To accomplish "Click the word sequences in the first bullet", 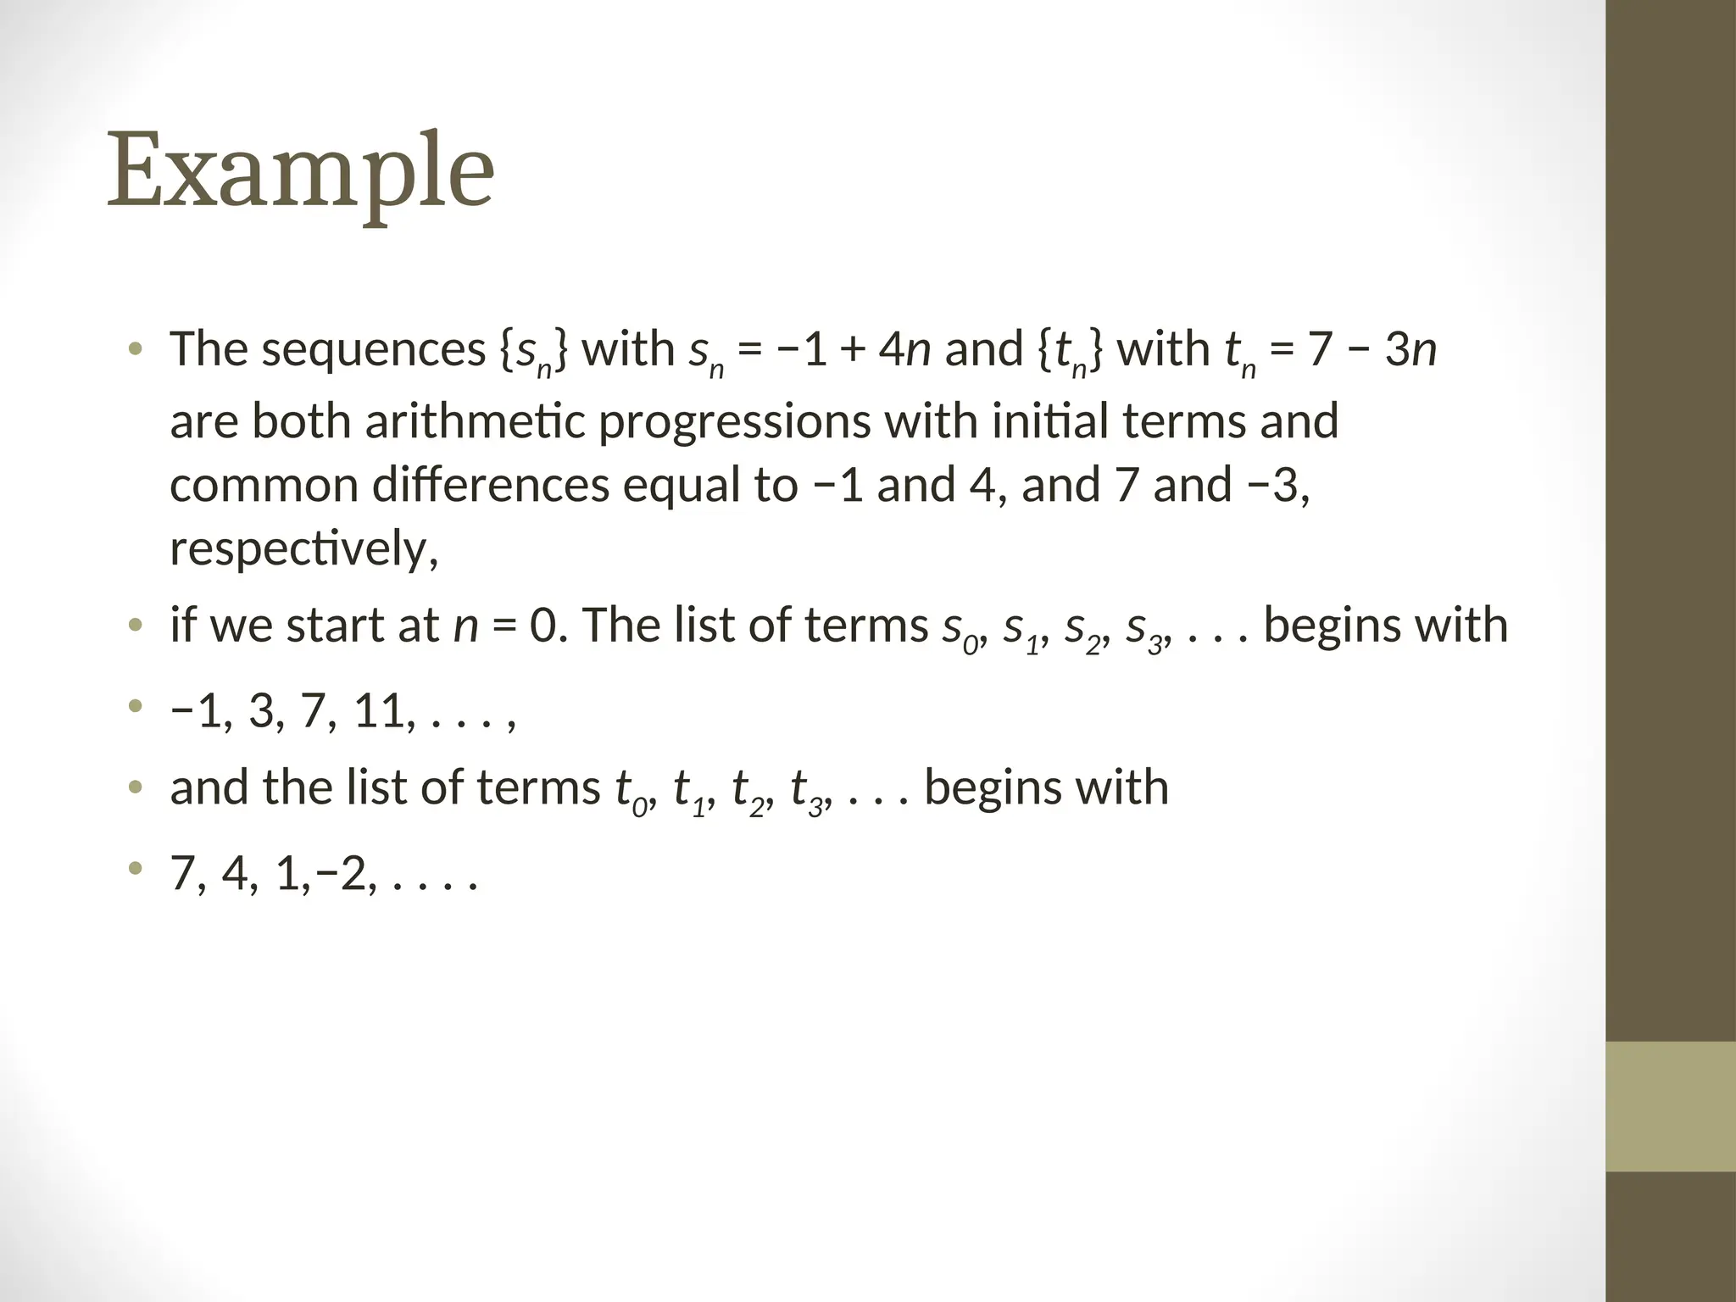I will (373, 349).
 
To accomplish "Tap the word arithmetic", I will (475, 421).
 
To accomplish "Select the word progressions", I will (734, 421).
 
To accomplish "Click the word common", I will (264, 486).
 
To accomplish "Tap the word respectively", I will (303, 549).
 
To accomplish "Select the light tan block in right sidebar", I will (1670, 1106).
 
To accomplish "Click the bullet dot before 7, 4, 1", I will (134, 869).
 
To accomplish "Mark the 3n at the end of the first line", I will (1410, 349).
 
